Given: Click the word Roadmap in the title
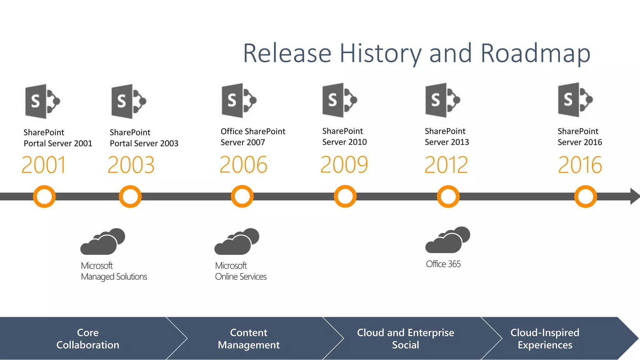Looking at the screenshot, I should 535,54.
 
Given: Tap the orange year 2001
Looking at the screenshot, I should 44,165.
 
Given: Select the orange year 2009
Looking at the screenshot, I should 344,165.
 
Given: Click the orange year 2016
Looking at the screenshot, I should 580,165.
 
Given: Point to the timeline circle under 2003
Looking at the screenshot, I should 130,197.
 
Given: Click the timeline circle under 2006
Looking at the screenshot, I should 242,197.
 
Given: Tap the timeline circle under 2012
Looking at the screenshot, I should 448,197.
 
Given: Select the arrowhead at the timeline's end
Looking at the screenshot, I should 634,196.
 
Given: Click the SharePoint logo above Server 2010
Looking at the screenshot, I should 340,100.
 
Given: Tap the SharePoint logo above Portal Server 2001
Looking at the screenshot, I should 42,101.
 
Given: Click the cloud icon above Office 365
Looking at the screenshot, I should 447,240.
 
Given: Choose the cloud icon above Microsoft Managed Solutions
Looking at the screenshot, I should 102,242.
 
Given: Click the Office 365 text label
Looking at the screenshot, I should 443,264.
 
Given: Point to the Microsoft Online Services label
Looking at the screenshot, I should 241,271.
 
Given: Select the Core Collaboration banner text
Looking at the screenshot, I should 88,338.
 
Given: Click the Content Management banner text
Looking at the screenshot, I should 249,338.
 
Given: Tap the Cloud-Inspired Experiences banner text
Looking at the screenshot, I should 545,338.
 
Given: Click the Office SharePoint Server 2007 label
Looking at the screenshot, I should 252,137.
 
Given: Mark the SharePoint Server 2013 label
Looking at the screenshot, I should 447,137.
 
